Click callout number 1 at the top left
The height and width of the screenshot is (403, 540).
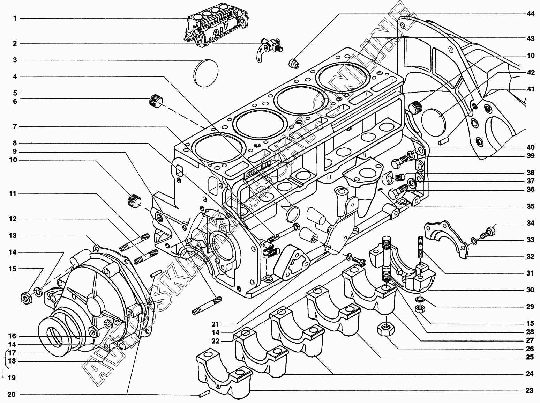[x=15, y=19]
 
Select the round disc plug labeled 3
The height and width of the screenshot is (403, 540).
[x=205, y=73]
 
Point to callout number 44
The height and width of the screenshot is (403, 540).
[x=530, y=14]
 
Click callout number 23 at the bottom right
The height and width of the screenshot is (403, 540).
[x=530, y=391]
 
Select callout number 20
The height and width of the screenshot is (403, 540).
[x=12, y=395]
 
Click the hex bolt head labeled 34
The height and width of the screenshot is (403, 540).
[x=488, y=232]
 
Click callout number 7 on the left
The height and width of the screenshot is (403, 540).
[x=15, y=127]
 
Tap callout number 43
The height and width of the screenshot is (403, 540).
[x=530, y=39]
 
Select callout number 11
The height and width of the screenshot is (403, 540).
[x=13, y=193]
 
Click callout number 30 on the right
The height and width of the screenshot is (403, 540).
[x=530, y=290]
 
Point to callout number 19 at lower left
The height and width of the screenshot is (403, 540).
[x=12, y=378]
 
